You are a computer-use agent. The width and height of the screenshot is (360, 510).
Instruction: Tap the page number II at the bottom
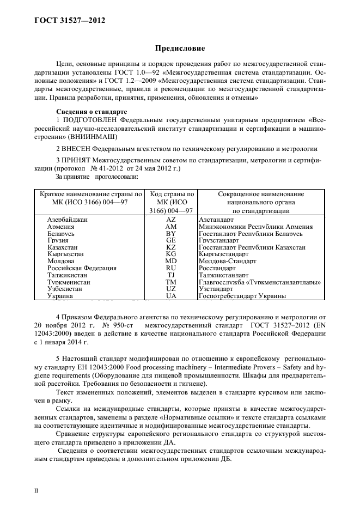pyautogui.click(x=36, y=490)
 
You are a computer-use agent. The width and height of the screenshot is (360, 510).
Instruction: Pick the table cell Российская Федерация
pyautogui.click(x=82, y=268)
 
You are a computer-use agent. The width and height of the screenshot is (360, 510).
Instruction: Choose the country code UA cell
pyautogui.click(x=171, y=296)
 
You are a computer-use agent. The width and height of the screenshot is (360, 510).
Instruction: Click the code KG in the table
pyautogui.click(x=171, y=254)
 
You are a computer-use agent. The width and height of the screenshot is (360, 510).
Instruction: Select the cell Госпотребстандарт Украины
pyautogui.click(x=243, y=296)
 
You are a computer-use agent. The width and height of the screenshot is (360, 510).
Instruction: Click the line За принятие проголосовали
pyautogui.click(x=96, y=177)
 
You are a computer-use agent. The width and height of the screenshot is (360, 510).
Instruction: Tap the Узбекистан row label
pyautogui.click(x=65, y=289)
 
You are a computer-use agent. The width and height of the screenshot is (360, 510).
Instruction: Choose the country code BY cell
pyautogui.click(x=171, y=233)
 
